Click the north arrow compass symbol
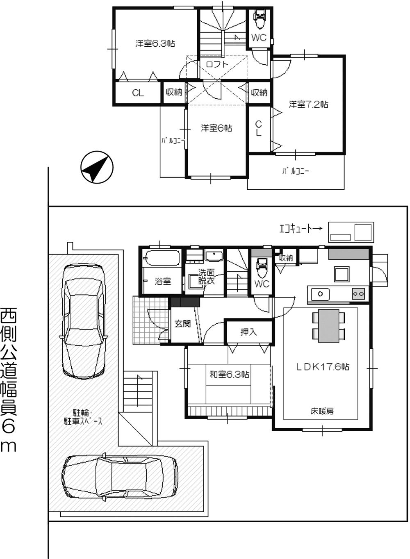[97, 167]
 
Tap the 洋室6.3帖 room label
[155, 43]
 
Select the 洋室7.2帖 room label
[308, 104]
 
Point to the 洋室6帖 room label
[216, 128]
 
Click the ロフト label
[217, 64]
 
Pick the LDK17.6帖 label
[323, 367]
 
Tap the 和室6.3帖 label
[229, 374]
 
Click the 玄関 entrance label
[182, 324]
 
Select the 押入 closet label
[248, 332]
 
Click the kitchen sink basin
[320, 293]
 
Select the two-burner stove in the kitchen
[358, 293]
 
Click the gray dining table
[328, 326]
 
